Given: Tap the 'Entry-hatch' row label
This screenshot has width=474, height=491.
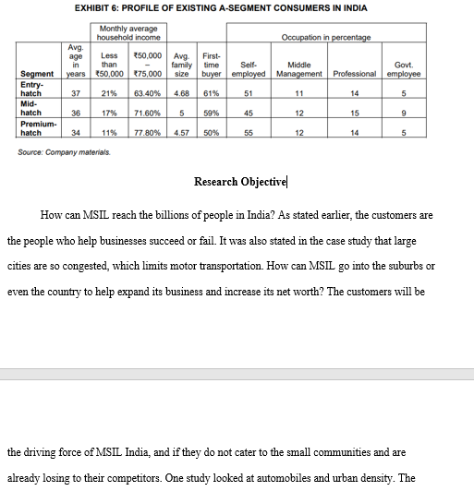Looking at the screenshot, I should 31,90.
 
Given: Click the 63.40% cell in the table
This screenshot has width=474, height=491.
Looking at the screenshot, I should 148,93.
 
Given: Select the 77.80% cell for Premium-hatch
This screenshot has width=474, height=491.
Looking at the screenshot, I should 148,133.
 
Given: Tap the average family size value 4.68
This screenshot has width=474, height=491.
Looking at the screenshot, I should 182,93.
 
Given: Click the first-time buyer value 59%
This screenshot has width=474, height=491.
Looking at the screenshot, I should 210,114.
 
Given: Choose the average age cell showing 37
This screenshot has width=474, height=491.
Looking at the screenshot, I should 77,93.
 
